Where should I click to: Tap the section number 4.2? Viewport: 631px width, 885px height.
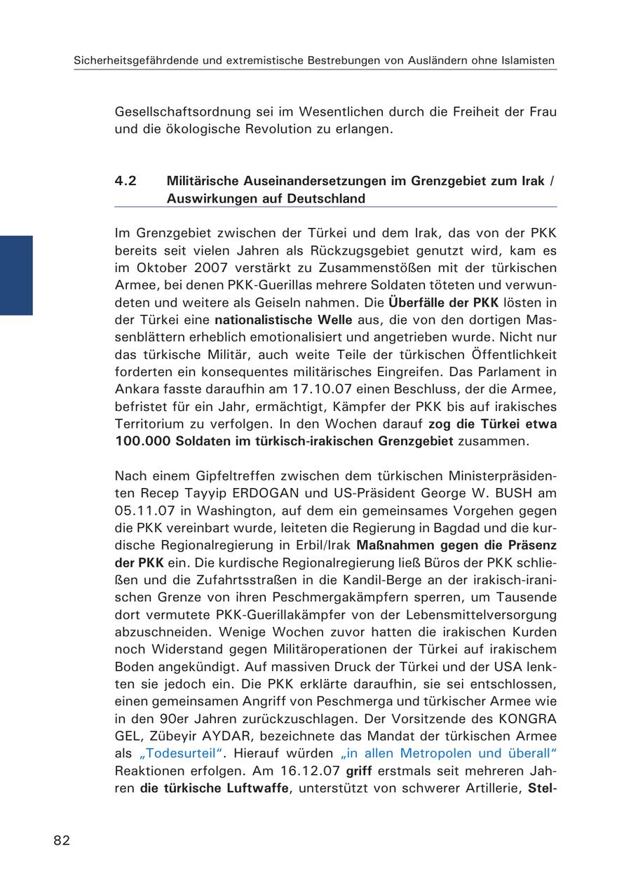(x=125, y=181)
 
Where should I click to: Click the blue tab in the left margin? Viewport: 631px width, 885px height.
(x=16, y=275)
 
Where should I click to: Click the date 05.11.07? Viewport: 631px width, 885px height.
(x=140, y=511)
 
